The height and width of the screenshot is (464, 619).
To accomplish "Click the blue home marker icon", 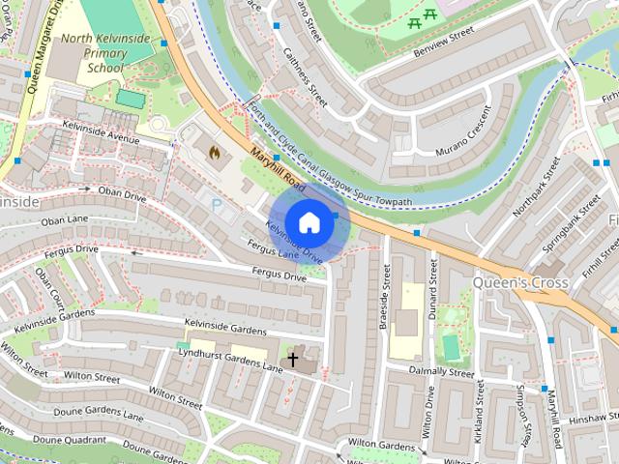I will (309, 222).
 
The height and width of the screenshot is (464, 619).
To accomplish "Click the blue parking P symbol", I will (216, 205).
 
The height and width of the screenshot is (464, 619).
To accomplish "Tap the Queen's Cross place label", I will (519, 282).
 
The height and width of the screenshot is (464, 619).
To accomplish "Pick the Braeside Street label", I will (384, 301).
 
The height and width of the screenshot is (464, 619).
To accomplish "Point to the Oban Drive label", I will (120, 196).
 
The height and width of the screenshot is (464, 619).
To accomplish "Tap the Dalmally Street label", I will (441, 370).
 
